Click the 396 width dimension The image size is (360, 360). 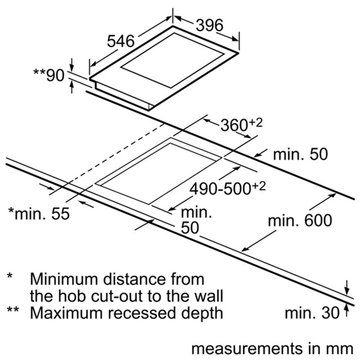[x=210, y=25]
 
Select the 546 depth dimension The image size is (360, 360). [x=121, y=42]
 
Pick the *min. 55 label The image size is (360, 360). [x=39, y=214]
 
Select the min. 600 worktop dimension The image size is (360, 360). [x=300, y=220]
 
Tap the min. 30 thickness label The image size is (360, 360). [x=312, y=313]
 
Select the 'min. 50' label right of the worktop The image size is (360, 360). [x=300, y=154]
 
